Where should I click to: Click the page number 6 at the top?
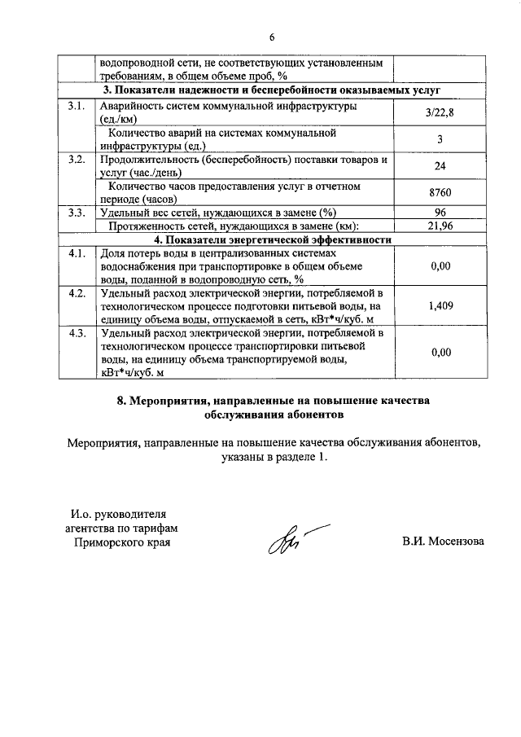[x=273, y=37]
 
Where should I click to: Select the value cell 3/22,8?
[x=440, y=113]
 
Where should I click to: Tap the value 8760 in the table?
[x=440, y=193]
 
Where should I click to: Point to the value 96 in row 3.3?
[x=440, y=213]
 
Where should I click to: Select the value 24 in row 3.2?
[x=440, y=165]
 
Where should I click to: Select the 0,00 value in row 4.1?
[x=440, y=265]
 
